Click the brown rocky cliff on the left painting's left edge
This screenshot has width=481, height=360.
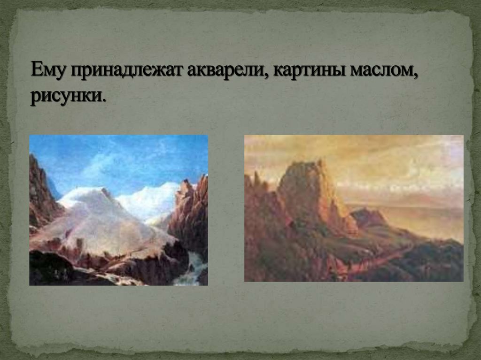(40, 192)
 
